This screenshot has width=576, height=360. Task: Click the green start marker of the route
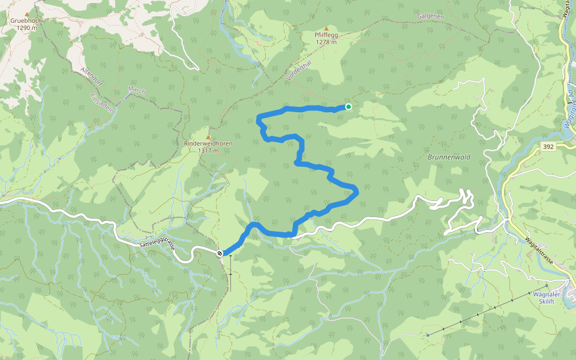click(x=348, y=107)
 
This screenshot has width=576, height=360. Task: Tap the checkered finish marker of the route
click(x=220, y=253)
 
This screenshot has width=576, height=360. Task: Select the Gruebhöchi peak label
click(x=26, y=20)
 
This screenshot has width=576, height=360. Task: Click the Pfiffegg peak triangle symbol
click(x=326, y=28)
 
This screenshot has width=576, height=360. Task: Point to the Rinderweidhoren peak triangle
click(x=208, y=137)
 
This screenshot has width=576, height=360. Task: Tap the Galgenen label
click(x=431, y=16)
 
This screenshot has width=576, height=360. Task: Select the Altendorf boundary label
click(x=92, y=77)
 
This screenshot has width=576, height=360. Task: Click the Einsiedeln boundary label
click(x=101, y=101)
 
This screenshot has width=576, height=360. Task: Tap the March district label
click(x=136, y=91)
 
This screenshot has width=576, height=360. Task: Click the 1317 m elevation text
click(x=208, y=151)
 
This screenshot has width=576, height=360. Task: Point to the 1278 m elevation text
click(x=326, y=42)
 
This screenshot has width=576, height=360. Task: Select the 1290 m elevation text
click(x=26, y=28)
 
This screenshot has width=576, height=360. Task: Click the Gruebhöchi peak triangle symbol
click(x=26, y=13)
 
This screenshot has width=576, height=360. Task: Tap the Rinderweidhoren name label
click(x=208, y=144)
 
